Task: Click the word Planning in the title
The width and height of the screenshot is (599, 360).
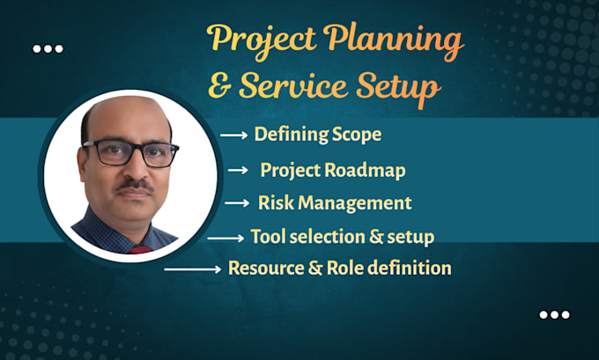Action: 394,40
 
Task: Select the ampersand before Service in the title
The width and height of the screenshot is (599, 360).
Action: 220,86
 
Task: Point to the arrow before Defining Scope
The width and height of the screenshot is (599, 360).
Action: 233,135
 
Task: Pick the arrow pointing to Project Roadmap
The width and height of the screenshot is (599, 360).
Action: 238,170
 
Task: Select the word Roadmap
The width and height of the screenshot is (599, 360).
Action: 365,170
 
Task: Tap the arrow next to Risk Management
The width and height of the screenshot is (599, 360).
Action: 237,202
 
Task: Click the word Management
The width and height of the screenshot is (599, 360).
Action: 355,203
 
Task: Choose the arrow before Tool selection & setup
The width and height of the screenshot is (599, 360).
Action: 226,239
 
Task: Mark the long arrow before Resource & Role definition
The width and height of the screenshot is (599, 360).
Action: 193,269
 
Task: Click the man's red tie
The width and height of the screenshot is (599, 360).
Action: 140,250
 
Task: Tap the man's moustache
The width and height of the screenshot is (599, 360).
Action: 135,185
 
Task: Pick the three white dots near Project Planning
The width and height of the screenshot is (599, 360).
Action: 48,49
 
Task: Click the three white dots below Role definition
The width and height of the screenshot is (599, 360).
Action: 554,314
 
